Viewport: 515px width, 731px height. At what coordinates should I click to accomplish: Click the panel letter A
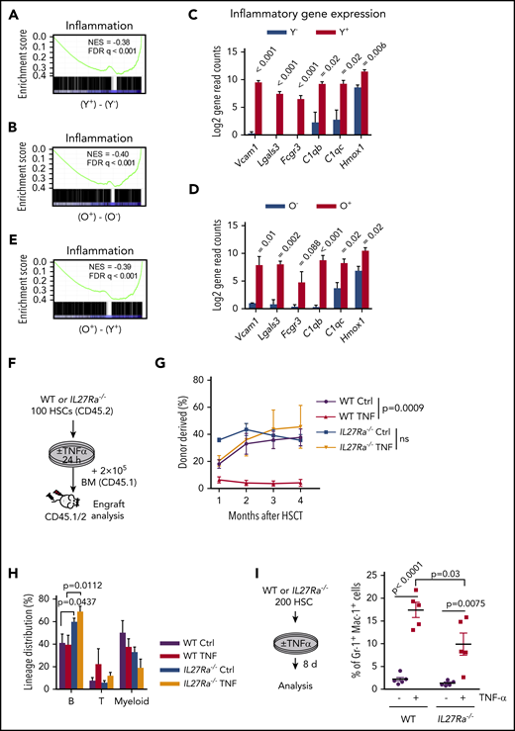pos(11,12)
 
